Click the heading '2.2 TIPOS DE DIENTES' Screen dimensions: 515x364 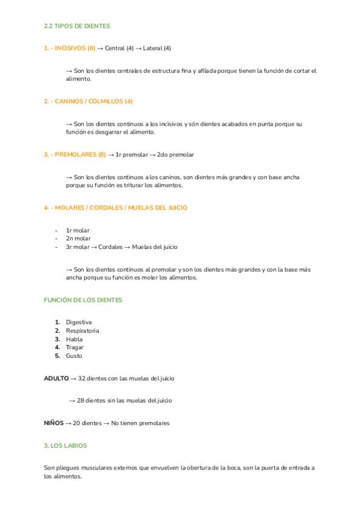click(77, 26)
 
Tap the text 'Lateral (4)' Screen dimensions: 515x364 click(157, 48)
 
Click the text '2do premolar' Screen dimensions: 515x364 click(175, 155)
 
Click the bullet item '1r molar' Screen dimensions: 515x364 click(78, 231)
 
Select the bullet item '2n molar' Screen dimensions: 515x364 click(78, 239)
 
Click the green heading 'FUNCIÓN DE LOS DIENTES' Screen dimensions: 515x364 click(83, 300)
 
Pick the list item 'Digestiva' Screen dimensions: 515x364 click(79, 322)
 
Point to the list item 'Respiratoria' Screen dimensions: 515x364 click(83, 330)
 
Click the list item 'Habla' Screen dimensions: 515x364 click(74, 339)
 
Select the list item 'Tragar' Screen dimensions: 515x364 click(75, 347)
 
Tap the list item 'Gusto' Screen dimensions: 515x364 click(74, 356)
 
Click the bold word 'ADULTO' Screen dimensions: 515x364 click(56, 378)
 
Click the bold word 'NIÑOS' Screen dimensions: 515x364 click(53, 423)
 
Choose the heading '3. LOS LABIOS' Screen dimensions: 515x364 click(66, 445)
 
